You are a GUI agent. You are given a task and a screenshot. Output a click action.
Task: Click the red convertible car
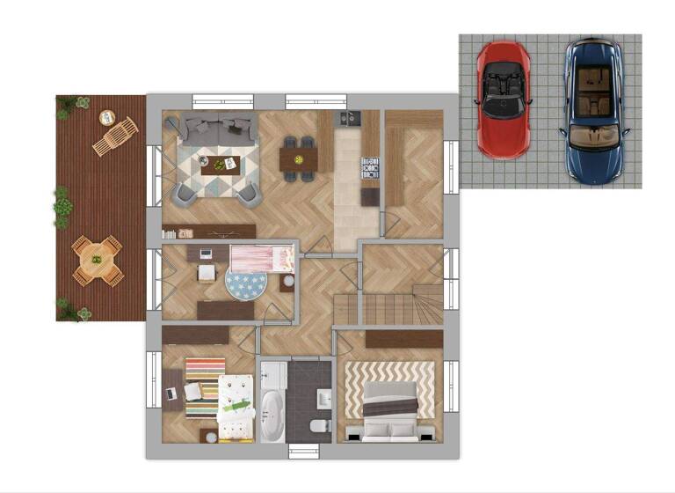point(503,98)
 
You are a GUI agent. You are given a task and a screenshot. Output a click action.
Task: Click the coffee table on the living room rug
point(219,163)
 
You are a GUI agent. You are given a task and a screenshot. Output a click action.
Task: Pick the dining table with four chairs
point(298,158)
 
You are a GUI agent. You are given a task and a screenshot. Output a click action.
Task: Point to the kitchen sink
point(349,118)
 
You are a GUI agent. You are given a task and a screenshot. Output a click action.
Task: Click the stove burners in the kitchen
point(370,167)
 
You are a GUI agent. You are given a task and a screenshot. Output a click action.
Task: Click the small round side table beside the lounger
point(107,117)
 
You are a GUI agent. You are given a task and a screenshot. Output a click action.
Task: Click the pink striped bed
point(261,258)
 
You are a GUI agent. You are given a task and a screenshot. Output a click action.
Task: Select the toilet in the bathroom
point(319,427)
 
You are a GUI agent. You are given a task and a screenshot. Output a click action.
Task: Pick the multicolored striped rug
point(204,386)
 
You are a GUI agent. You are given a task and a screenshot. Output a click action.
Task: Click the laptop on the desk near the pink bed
point(206,254)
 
